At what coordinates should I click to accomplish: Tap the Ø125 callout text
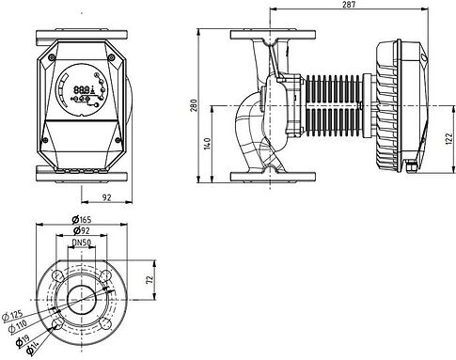pos(20,315)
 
